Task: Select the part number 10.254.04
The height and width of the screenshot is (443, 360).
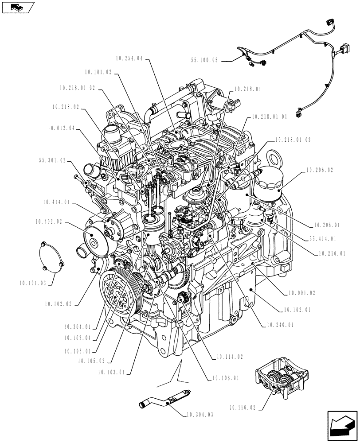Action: click(x=129, y=58)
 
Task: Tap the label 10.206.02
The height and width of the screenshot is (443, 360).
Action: click(x=319, y=170)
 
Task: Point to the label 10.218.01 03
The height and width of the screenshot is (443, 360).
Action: click(x=292, y=140)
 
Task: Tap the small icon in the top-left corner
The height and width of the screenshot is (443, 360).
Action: click(x=17, y=7)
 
